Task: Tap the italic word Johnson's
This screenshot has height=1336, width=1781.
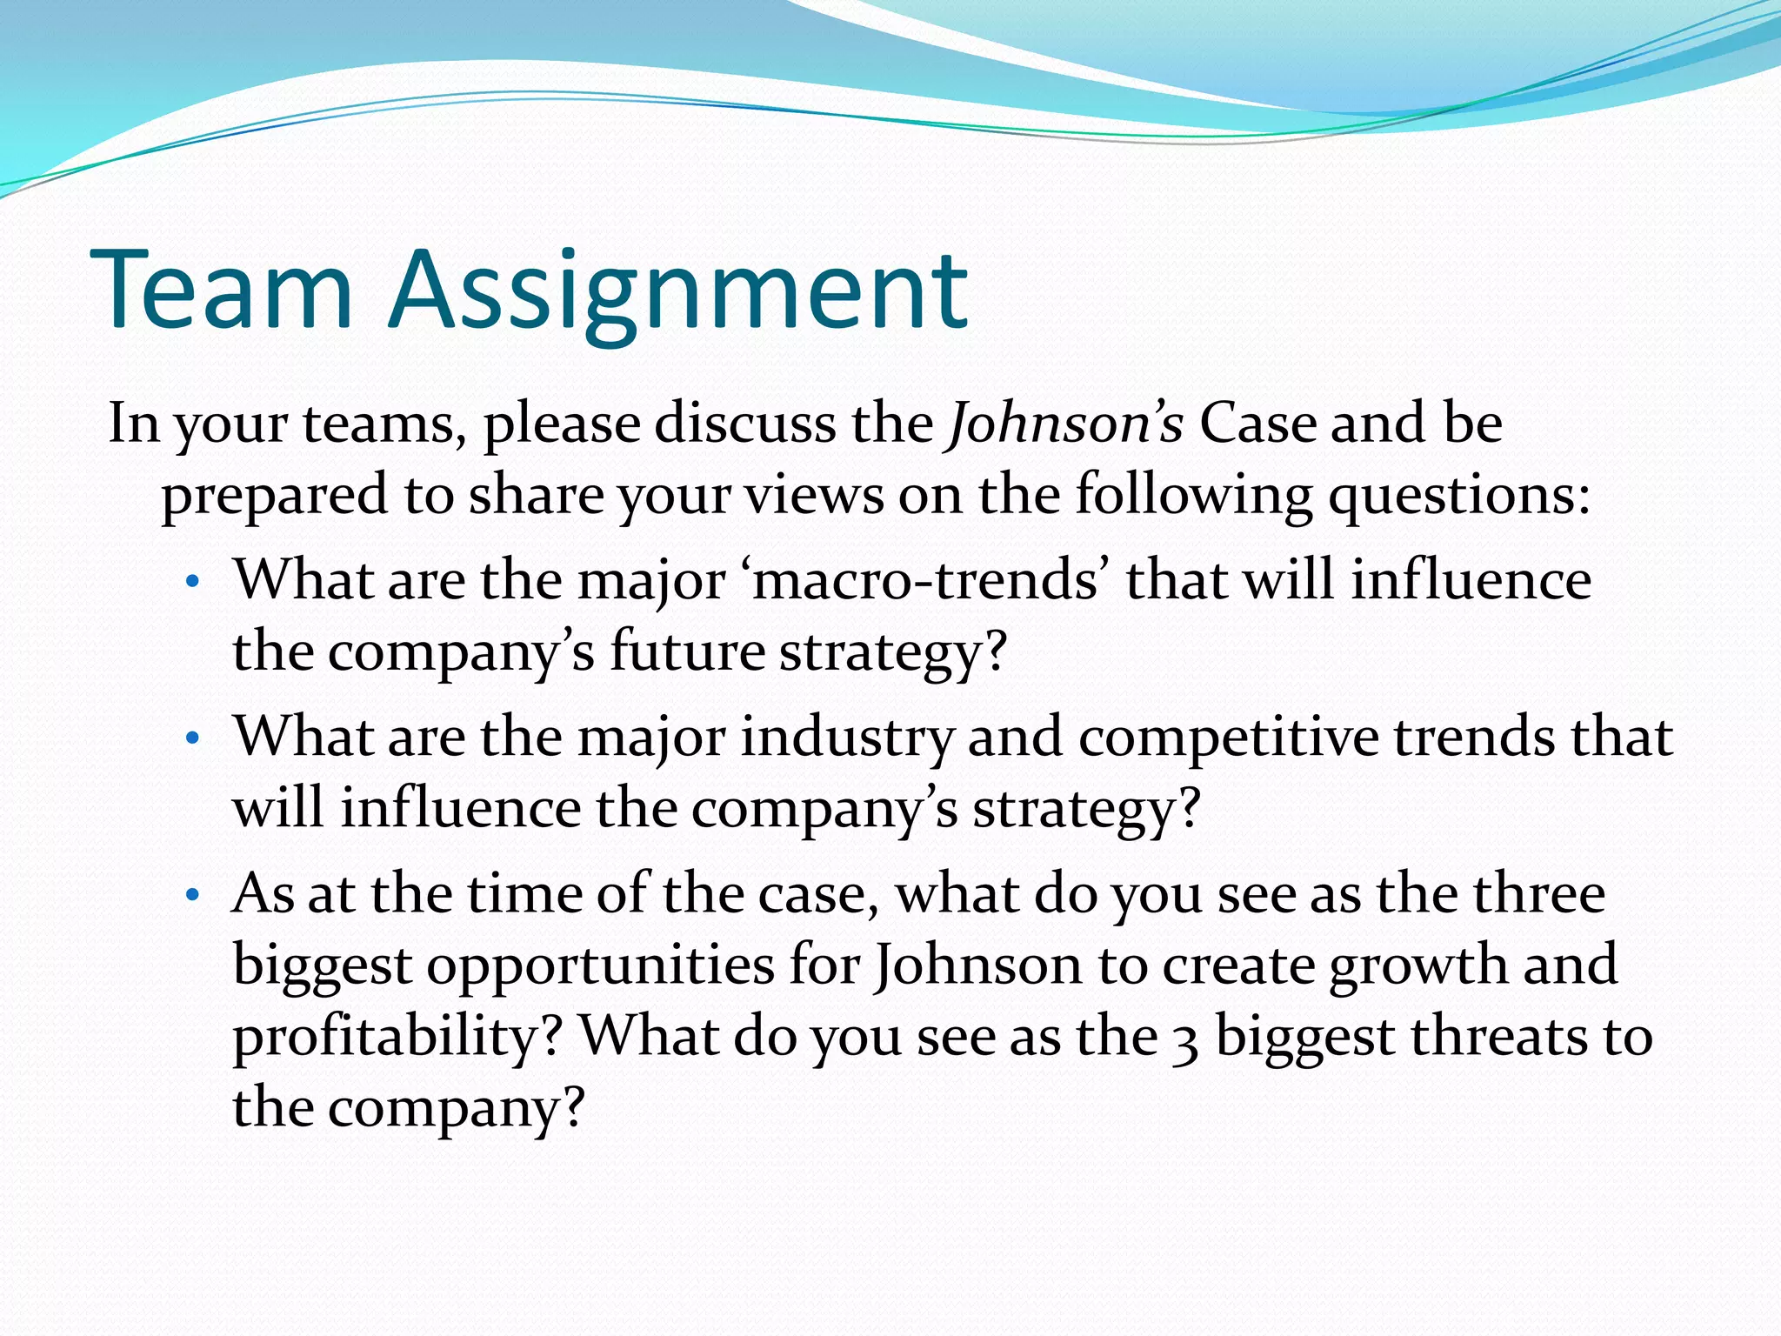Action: (x=1065, y=424)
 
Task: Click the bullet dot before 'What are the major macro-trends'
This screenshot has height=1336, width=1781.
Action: (x=193, y=582)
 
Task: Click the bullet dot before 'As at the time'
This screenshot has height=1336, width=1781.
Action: (x=193, y=895)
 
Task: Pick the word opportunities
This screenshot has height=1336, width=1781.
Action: (x=600, y=966)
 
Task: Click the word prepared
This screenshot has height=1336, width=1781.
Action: (x=273, y=497)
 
